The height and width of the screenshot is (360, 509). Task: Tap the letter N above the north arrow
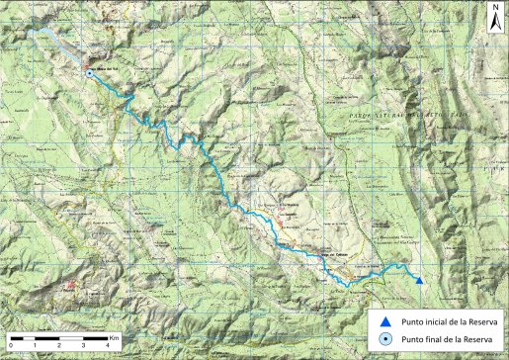pos(495,8)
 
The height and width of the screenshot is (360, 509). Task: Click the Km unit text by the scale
pos(116,336)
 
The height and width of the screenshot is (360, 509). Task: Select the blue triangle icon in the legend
pos(384,321)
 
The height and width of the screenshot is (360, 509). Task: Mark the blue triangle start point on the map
pos(419,281)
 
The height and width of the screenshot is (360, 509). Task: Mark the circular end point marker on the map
pos(90,73)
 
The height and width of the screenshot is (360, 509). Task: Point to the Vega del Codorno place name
pos(309,253)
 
